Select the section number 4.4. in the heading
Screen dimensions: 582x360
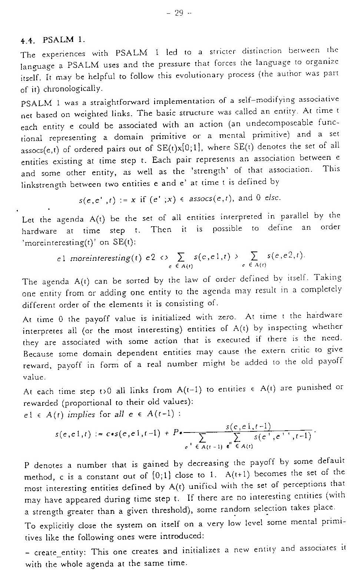tap(30, 39)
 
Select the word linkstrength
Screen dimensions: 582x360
tap(44, 184)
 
